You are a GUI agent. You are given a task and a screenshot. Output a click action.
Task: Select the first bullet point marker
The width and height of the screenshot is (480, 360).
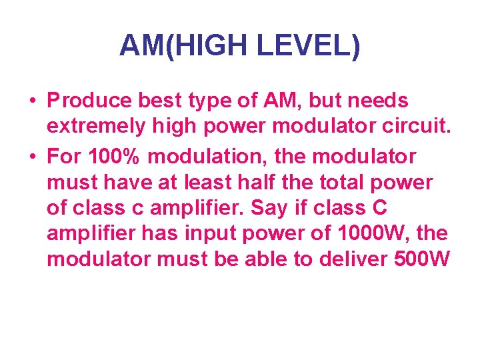pos(33,102)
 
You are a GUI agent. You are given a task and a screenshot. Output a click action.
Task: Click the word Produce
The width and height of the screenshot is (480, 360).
pos(90,101)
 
